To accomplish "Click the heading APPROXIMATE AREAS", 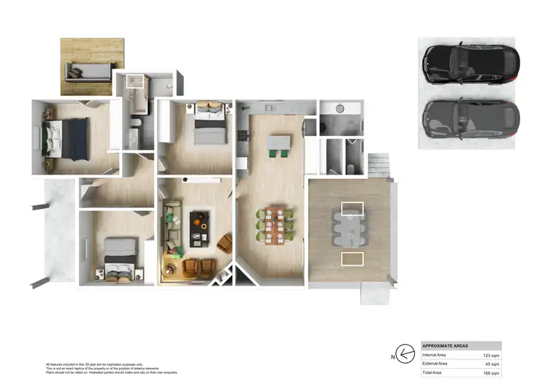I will [446, 345].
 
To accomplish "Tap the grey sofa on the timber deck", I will [88, 72].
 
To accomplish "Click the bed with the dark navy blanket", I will [63, 138].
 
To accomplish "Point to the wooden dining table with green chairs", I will [275, 225].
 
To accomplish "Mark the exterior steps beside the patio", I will [381, 164].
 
